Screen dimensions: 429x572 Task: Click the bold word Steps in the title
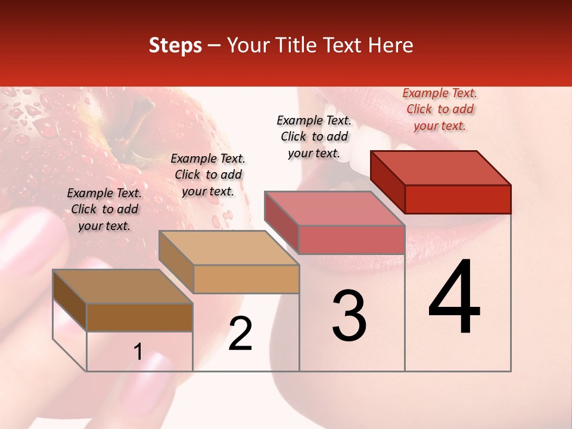[175, 45]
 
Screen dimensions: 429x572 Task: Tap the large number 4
[455, 299]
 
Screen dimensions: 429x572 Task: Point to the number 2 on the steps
[241, 334]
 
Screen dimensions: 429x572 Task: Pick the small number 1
[138, 352]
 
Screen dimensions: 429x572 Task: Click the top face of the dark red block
[441, 168]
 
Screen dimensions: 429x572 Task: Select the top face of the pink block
[334, 209]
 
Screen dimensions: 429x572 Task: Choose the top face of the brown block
[123, 287]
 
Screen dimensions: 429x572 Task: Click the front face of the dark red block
[458, 199]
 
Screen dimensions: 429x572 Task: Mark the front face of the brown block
[139, 317]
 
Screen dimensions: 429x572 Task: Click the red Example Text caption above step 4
[440, 109]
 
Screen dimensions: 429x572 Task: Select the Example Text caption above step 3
[314, 136]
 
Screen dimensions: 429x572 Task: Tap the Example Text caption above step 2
[208, 175]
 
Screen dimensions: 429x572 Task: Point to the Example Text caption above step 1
[104, 209]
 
